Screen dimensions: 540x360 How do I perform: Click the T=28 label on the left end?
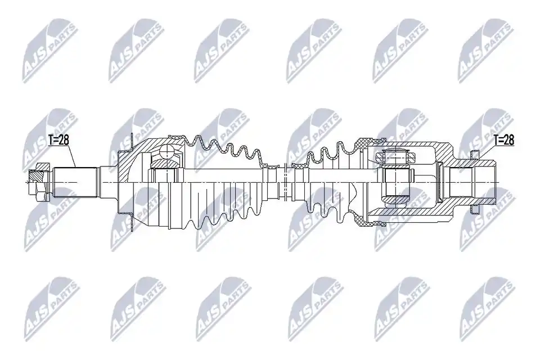[58, 140]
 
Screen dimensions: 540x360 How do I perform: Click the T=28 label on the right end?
[503, 140]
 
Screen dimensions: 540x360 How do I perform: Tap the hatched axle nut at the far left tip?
[37, 181]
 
